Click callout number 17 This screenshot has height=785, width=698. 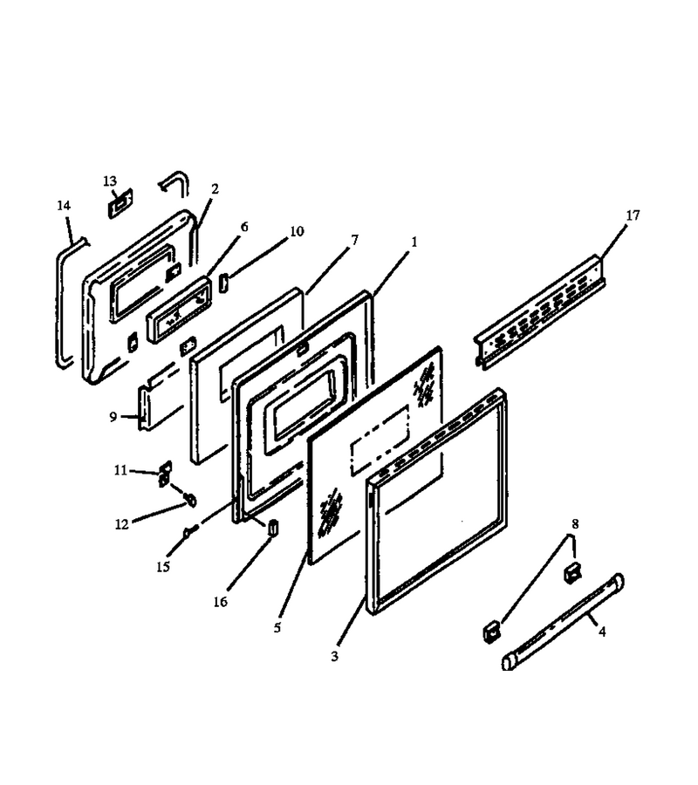633,215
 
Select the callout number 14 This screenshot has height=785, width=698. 64,205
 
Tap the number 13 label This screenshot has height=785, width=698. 110,181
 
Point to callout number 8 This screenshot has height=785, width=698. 575,523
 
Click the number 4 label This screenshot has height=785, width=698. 602,631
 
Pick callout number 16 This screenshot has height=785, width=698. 221,602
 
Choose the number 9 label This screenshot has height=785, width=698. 113,417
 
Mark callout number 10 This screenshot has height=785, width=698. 297,231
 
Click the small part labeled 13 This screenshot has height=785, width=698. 120,203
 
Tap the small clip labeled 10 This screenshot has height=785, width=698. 223,283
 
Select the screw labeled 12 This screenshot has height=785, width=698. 191,499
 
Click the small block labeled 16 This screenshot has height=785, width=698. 273,527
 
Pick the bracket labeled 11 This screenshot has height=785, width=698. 165,474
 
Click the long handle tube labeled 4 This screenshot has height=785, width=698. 563,621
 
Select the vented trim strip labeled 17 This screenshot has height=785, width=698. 540,312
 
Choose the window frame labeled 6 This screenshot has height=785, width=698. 178,310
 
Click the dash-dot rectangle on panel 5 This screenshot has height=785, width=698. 380,440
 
